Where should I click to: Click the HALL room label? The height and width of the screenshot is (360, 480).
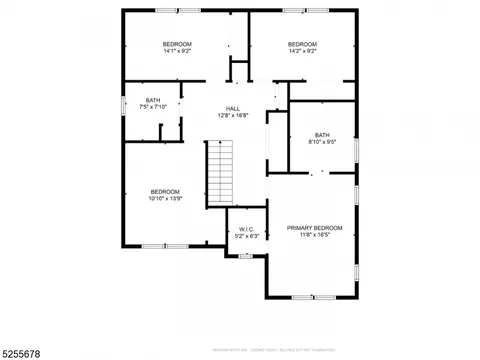click(x=232, y=108)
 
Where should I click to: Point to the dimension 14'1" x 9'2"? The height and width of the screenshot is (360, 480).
click(x=178, y=52)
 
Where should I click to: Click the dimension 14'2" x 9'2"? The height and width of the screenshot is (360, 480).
click(x=302, y=52)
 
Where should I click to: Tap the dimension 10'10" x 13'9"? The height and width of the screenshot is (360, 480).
click(x=165, y=199)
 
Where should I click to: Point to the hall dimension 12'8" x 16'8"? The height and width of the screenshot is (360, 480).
click(x=232, y=116)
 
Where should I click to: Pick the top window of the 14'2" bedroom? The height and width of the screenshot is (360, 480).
click(x=293, y=10)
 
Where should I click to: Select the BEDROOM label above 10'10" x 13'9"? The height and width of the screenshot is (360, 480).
click(x=165, y=191)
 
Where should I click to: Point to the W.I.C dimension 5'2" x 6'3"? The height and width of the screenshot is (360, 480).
click(x=247, y=237)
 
